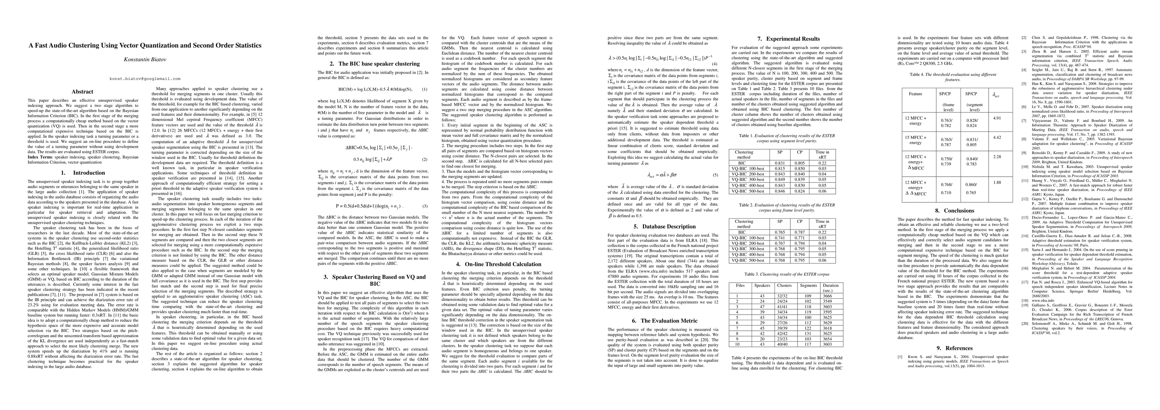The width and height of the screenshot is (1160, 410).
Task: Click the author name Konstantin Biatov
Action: [145, 59]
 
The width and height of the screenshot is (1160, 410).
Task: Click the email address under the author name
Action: [145, 79]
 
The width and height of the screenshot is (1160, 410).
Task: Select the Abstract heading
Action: [82, 92]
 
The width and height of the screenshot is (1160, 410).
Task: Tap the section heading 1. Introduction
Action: [82, 173]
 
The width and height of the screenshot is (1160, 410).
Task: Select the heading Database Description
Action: [665, 227]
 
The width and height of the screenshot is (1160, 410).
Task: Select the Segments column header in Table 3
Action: [808, 285]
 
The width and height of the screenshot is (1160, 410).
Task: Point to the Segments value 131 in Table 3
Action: [808, 333]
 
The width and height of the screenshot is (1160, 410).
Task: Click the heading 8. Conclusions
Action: [958, 210]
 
